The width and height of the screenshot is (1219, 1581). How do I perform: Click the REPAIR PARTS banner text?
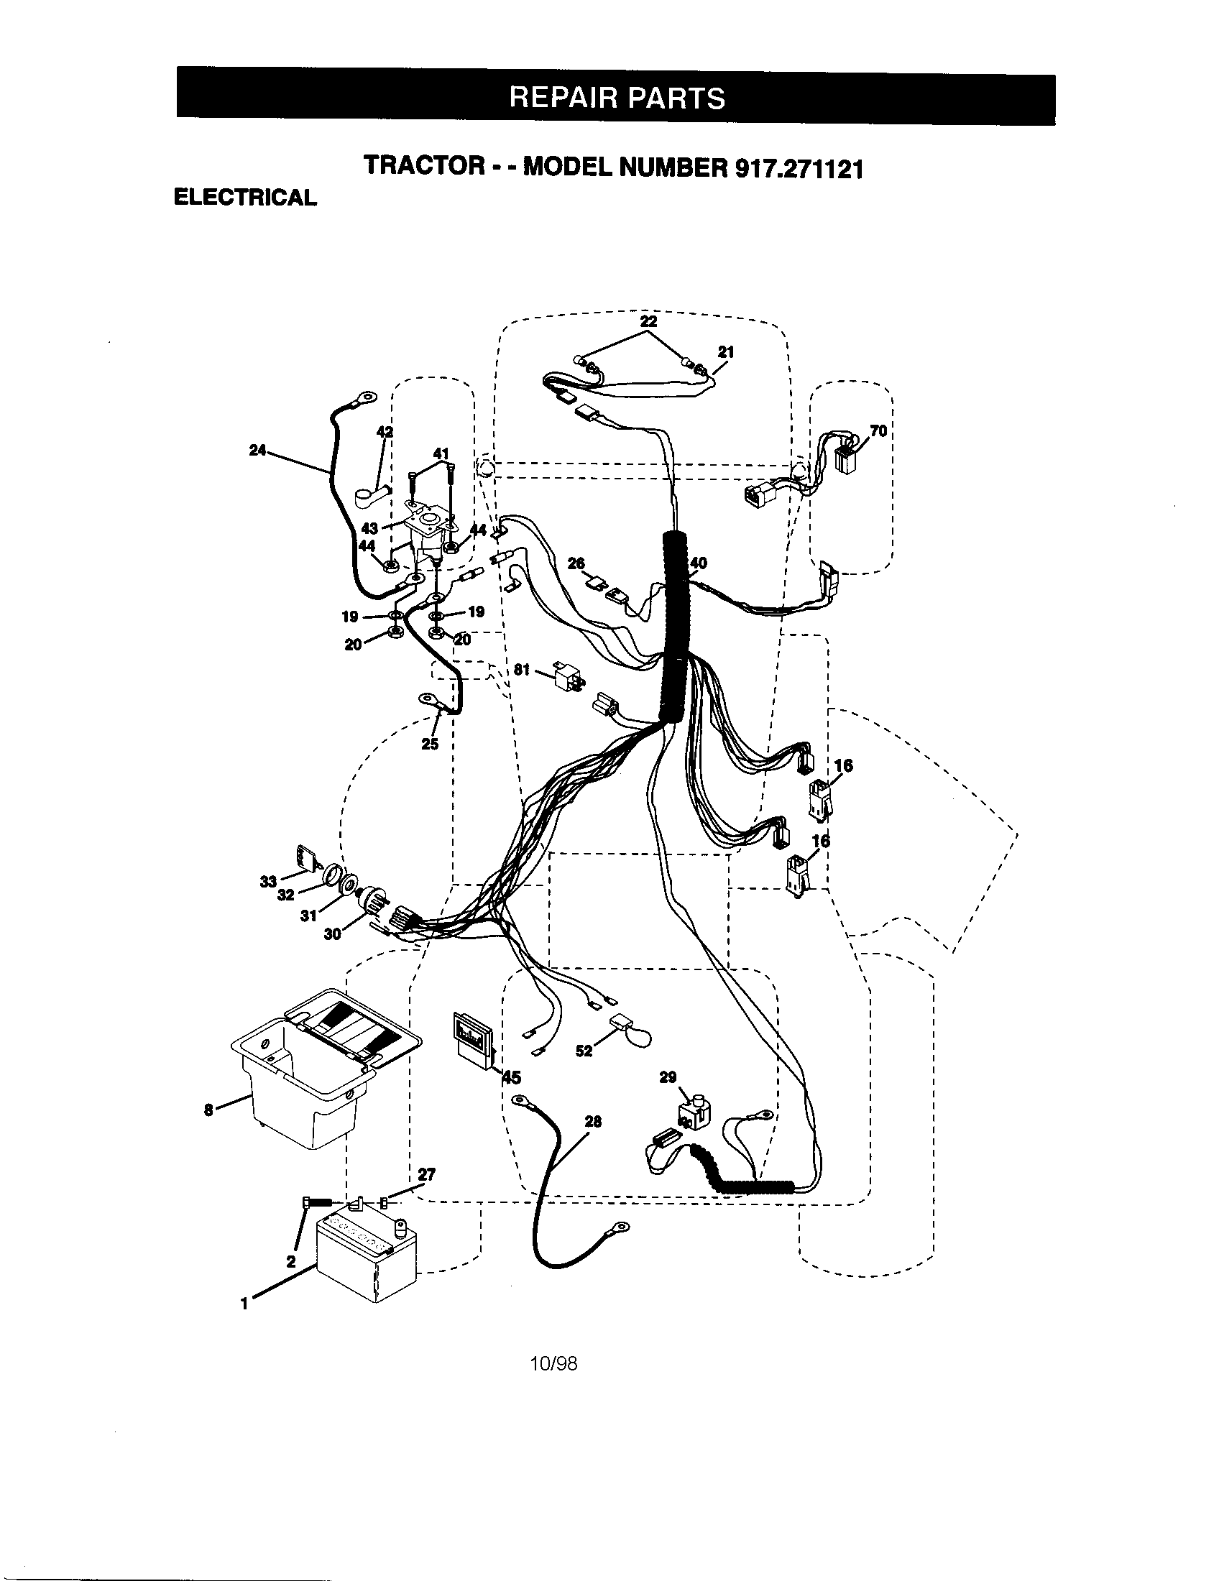617,97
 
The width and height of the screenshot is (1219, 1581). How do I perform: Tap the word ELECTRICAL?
244,198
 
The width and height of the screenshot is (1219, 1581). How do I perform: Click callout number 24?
258,451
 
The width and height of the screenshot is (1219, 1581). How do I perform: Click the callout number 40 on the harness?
699,563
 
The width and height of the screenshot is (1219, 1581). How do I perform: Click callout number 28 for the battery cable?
593,1122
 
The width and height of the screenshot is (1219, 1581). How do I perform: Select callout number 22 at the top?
648,321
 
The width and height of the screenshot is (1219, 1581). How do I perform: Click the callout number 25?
430,744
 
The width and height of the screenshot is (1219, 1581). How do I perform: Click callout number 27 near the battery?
426,1174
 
